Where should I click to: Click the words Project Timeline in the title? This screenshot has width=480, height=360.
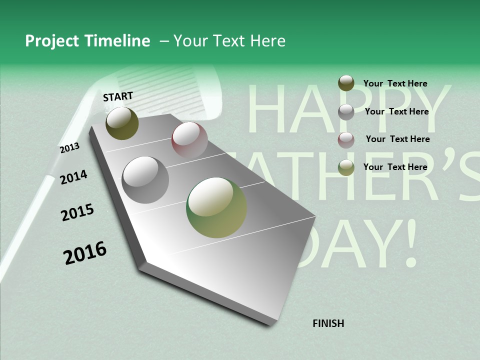tap(87, 41)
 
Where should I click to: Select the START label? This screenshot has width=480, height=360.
tap(118, 96)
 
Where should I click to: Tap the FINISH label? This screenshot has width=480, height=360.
tap(328, 323)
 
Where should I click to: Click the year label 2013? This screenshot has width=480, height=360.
tap(69, 147)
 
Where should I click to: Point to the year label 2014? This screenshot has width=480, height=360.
tap(73, 177)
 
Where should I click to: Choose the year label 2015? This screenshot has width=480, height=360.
tap(77, 212)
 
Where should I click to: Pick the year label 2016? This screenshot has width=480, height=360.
tap(85, 252)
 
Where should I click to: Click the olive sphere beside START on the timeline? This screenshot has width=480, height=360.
tap(122, 123)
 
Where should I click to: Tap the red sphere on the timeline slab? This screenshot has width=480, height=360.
tap(189, 139)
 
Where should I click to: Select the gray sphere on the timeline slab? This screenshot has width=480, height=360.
tap(145, 179)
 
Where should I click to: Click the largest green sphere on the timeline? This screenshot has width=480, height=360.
tap(216, 207)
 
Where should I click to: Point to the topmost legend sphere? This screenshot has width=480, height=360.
tap(346, 83)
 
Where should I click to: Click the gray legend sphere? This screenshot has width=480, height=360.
tap(346, 112)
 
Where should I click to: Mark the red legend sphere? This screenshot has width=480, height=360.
tap(346, 140)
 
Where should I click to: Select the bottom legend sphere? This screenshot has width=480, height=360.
tap(346, 167)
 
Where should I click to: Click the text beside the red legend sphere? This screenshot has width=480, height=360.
tap(397, 139)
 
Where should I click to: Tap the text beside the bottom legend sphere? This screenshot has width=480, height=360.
tap(395, 167)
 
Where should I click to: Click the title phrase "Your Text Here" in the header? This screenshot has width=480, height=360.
tap(229, 41)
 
